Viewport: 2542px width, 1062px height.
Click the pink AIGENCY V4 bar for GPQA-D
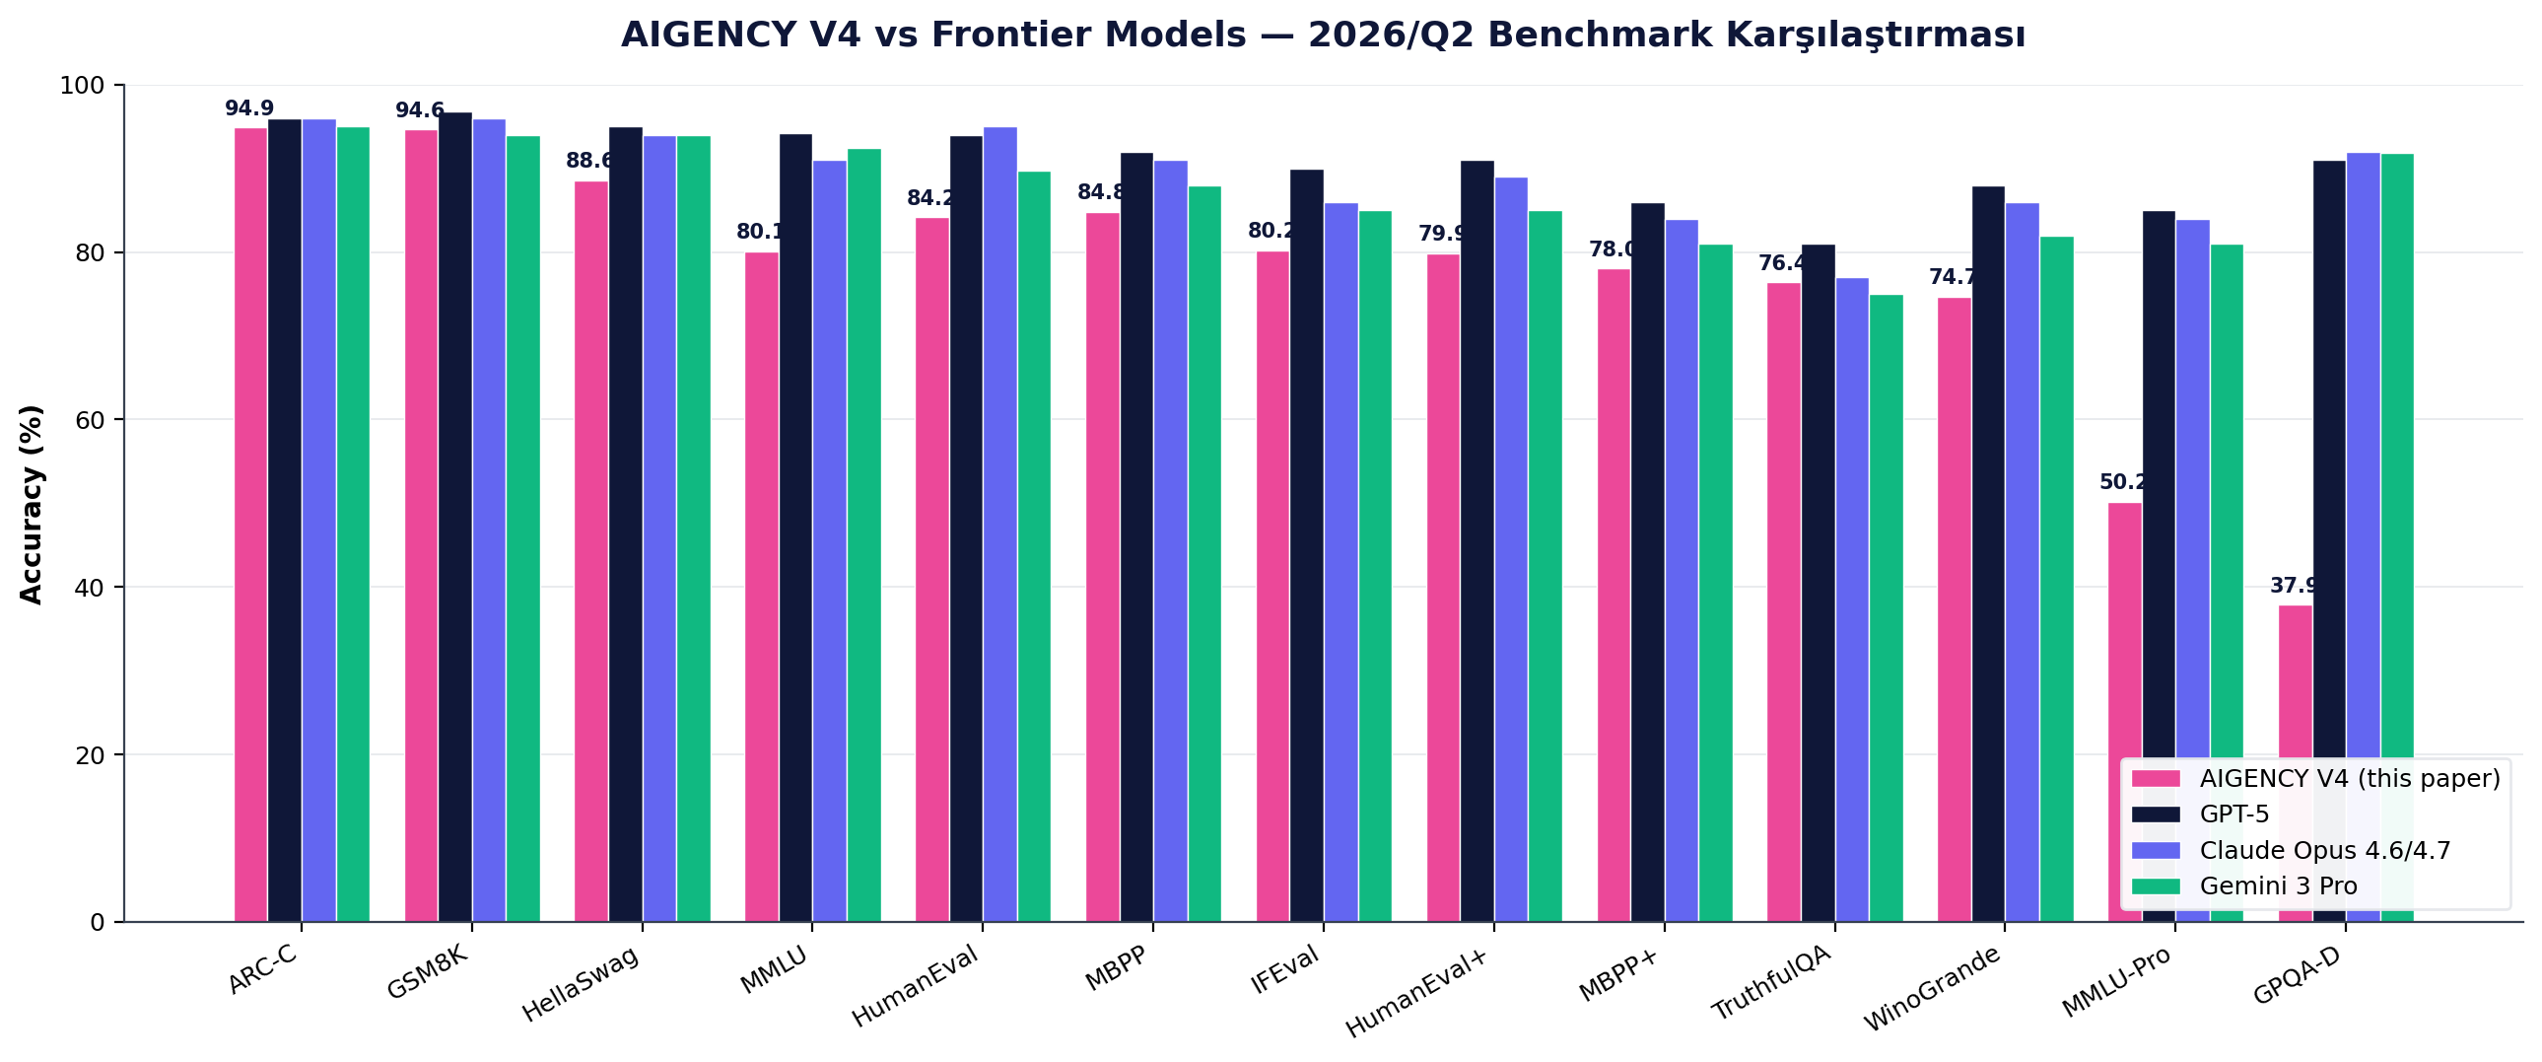coord(2295,691)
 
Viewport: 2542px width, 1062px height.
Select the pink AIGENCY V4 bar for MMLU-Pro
coord(2124,632)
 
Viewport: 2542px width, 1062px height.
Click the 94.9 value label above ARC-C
coord(248,108)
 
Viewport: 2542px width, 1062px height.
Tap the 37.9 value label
coord(2293,586)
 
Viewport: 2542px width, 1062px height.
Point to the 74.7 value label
coord(1952,277)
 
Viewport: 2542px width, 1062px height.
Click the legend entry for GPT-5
coord(2234,814)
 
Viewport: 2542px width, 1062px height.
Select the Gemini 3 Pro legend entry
coord(2278,886)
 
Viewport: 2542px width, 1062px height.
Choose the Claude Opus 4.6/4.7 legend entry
coord(2324,851)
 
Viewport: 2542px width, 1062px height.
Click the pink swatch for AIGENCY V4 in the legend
coord(2156,779)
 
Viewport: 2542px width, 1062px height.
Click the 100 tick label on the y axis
coord(82,86)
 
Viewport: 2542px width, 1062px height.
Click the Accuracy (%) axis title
coord(32,503)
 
